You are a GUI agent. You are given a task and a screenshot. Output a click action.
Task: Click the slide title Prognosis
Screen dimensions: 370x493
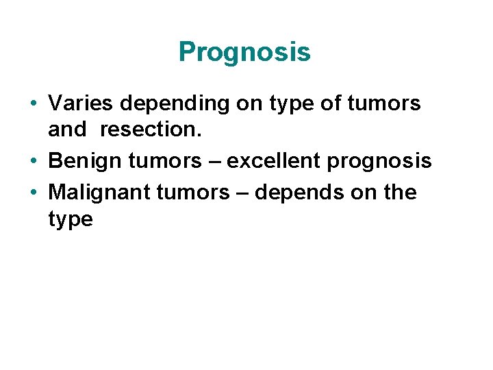point(244,52)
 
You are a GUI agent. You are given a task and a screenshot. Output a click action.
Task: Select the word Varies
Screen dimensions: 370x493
point(81,103)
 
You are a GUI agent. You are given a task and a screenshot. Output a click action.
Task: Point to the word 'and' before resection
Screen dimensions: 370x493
point(68,130)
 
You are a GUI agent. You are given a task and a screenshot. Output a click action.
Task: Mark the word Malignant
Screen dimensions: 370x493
point(100,192)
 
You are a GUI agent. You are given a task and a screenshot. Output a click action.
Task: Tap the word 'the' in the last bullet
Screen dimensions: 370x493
point(400,192)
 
